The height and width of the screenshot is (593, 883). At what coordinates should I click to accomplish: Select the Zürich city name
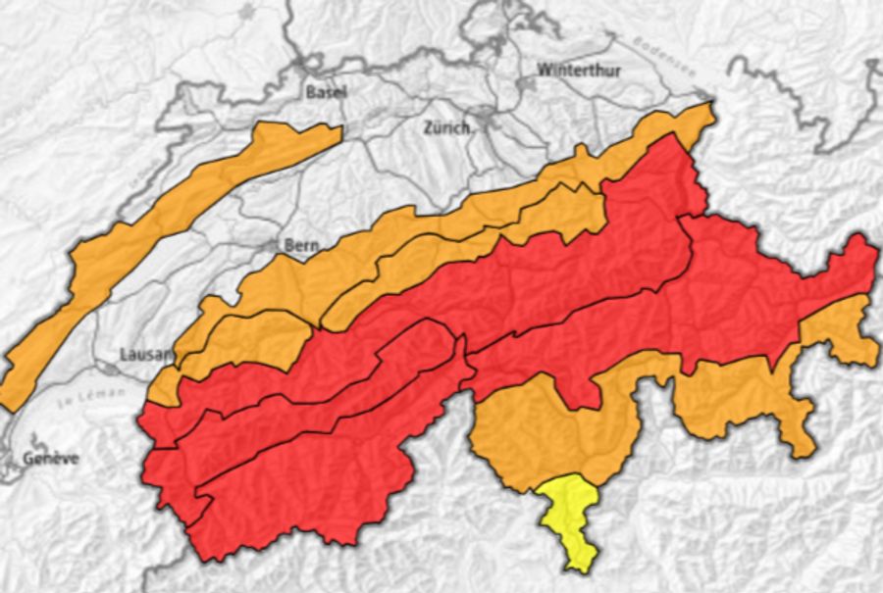coord(448,127)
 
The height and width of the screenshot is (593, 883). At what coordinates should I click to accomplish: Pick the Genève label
coord(50,459)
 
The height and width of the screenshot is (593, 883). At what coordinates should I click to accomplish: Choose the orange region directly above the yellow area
coord(549,431)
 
